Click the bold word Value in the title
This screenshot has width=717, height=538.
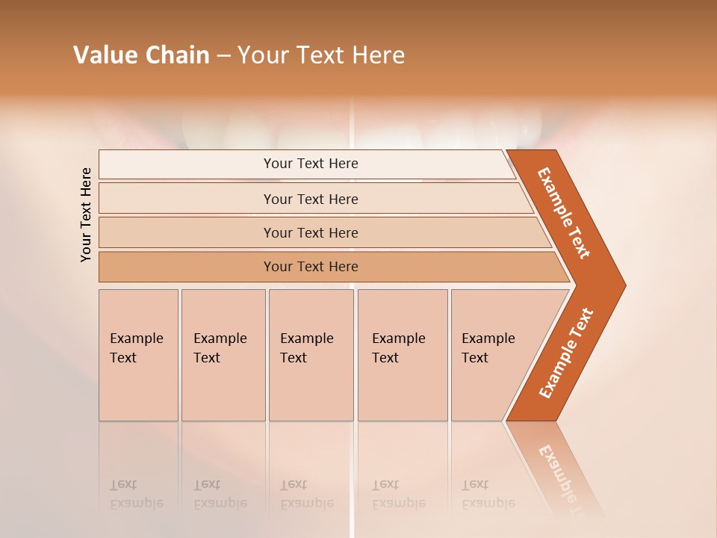[x=104, y=55]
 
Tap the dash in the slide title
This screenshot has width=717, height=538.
[x=223, y=56]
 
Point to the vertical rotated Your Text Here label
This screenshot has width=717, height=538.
[x=86, y=214]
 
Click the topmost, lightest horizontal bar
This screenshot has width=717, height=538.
[x=310, y=164]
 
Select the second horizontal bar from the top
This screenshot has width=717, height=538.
[x=310, y=199]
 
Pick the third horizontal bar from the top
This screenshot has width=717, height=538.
[x=310, y=232]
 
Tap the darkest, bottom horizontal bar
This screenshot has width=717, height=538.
[x=310, y=267]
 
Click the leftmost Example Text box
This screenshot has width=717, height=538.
[x=138, y=355]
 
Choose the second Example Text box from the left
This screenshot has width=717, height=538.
[x=223, y=355]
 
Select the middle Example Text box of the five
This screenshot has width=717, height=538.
[x=311, y=355]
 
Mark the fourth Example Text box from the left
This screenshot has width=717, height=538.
[x=402, y=355]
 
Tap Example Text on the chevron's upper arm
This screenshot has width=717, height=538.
[x=564, y=213]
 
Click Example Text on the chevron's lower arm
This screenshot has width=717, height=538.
[x=566, y=353]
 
